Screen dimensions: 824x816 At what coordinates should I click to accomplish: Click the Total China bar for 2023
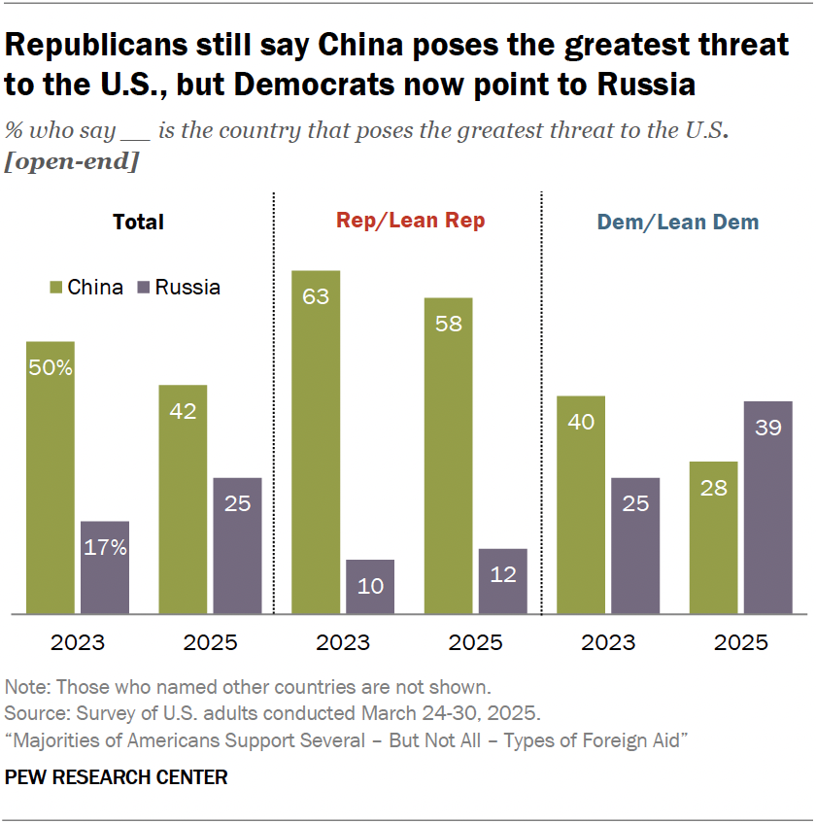click(51, 477)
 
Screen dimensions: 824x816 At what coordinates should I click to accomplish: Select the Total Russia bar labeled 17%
click(105, 567)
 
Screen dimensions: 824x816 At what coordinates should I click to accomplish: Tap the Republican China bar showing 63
click(317, 442)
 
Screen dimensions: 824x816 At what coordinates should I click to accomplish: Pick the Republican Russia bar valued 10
click(370, 586)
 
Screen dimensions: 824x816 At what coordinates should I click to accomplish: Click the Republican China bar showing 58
click(449, 456)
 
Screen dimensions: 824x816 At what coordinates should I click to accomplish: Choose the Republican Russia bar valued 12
click(503, 581)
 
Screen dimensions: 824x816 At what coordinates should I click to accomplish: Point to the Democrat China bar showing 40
click(581, 504)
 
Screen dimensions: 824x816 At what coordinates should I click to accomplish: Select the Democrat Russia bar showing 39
click(767, 507)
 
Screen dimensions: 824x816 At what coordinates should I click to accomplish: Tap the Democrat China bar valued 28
click(713, 537)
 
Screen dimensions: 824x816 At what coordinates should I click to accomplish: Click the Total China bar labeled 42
click(183, 499)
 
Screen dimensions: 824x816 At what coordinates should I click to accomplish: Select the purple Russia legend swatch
click(144, 288)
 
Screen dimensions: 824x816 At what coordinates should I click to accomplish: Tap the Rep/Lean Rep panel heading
click(410, 221)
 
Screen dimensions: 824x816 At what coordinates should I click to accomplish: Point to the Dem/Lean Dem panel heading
click(677, 223)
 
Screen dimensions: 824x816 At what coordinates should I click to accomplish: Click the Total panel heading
click(139, 222)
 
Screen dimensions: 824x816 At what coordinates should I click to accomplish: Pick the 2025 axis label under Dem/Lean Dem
click(740, 643)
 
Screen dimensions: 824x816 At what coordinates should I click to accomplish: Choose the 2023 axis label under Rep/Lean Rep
click(343, 643)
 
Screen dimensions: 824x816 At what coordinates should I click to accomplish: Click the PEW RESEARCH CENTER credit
click(117, 776)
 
